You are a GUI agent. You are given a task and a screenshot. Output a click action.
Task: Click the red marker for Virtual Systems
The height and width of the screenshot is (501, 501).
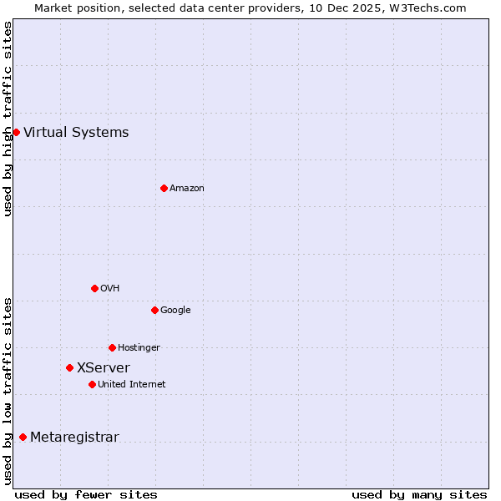[16, 132]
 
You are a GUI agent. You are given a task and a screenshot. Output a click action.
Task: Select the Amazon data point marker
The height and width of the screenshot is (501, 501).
[164, 188]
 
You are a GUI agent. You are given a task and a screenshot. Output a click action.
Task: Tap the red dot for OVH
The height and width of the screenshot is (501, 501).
[94, 288]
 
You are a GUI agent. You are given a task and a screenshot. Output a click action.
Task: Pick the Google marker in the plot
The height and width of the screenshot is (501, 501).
[154, 310]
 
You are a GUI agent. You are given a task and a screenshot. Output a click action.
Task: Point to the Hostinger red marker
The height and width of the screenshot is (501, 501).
[112, 347]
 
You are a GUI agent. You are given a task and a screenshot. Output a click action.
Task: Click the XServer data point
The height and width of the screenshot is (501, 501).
[69, 367]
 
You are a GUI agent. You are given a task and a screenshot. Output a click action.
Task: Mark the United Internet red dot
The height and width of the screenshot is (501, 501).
[92, 384]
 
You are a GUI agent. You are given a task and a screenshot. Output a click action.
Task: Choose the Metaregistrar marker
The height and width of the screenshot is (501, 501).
[23, 437]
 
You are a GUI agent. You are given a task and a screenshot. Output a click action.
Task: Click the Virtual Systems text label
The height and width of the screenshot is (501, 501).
[76, 132]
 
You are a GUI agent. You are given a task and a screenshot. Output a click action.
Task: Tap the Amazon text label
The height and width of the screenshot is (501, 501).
[187, 188]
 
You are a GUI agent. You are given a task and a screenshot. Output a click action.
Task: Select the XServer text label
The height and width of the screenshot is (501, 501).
[104, 367]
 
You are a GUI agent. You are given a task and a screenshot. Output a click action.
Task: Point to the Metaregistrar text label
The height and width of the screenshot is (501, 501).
[74, 437]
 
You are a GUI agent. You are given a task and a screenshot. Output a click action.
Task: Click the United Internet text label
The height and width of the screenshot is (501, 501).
[132, 384]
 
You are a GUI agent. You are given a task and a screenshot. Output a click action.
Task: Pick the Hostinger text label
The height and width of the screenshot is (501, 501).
[139, 347]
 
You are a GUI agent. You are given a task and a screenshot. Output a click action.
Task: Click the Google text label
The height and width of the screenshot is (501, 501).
[175, 310]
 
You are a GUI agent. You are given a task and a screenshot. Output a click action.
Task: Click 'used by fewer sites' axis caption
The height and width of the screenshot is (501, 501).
[86, 494]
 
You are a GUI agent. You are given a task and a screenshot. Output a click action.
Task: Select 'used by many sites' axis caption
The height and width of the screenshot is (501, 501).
[419, 494]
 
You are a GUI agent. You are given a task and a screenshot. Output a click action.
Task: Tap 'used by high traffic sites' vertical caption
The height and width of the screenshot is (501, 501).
[8, 119]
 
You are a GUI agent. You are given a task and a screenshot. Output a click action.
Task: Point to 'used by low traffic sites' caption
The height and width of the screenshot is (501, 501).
[8, 391]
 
